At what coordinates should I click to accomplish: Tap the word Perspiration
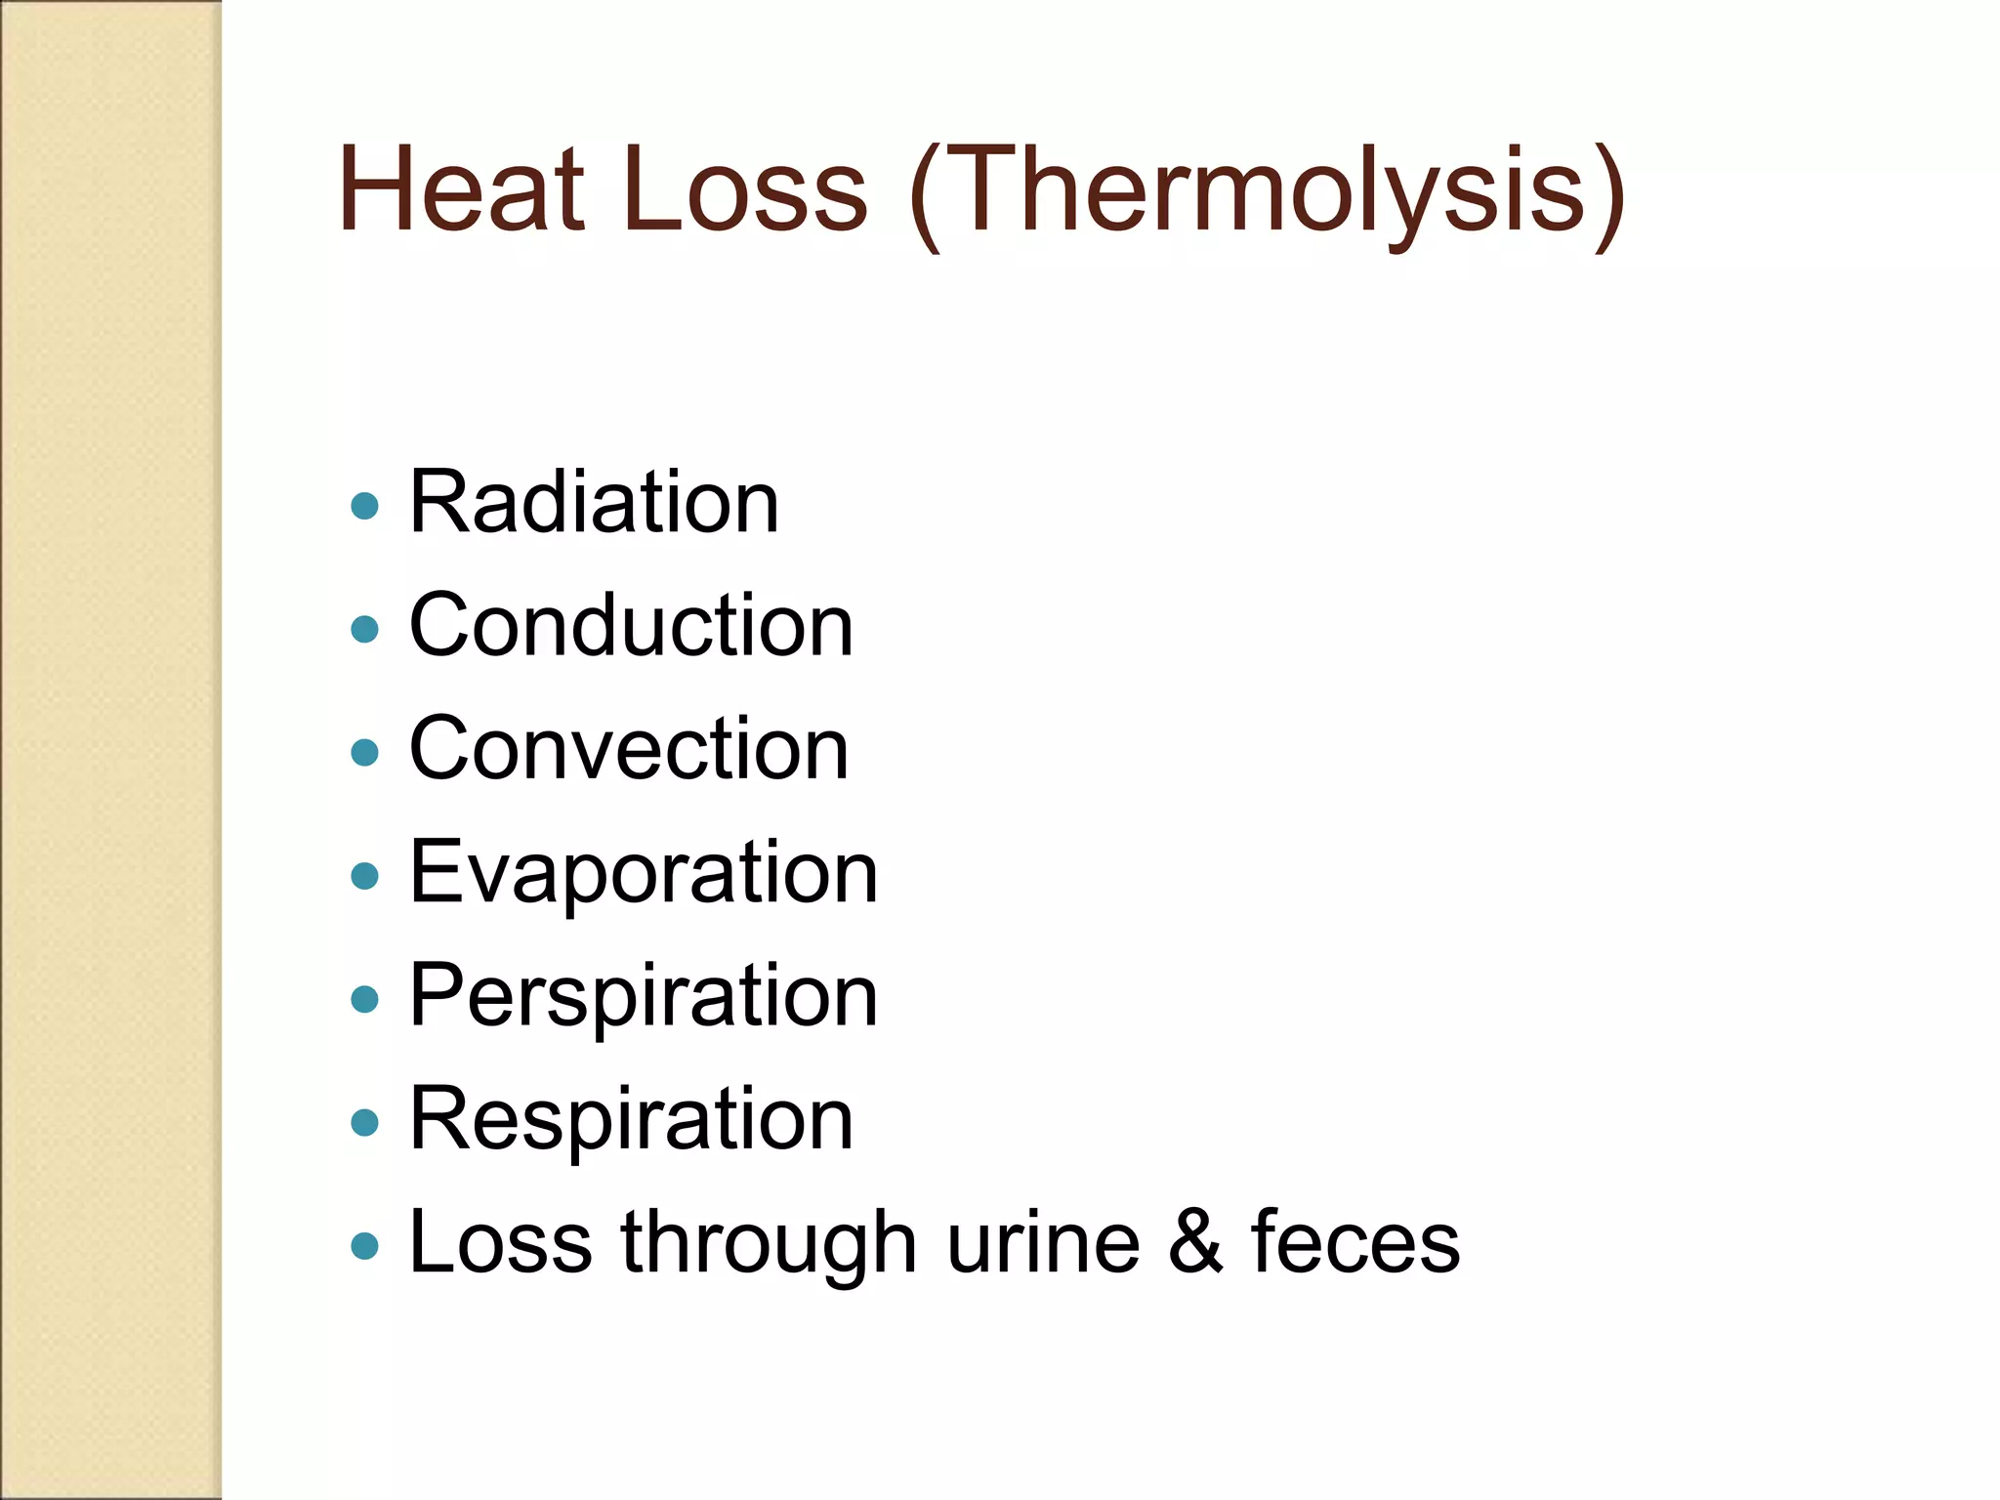(644, 995)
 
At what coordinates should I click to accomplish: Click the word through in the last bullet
(769, 1242)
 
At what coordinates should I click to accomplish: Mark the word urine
(1043, 1242)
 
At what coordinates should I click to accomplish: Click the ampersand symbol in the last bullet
(1195, 1242)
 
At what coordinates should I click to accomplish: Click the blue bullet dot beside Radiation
(364, 506)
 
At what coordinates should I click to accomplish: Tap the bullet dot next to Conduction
(364, 629)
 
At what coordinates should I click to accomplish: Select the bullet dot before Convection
(364, 752)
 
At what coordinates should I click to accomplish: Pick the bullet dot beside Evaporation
(364, 876)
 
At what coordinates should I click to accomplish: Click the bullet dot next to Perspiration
(364, 999)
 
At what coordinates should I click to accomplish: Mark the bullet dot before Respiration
(364, 1122)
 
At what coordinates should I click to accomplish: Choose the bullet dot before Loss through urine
(364, 1246)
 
